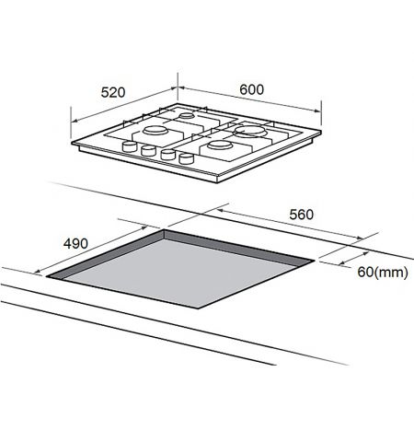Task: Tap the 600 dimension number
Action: pyautogui.click(x=251, y=88)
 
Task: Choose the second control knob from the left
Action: pyautogui.click(x=147, y=150)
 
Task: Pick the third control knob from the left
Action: pyautogui.click(x=167, y=156)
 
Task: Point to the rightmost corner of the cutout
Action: pyautogui.click(x=316, y=262)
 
